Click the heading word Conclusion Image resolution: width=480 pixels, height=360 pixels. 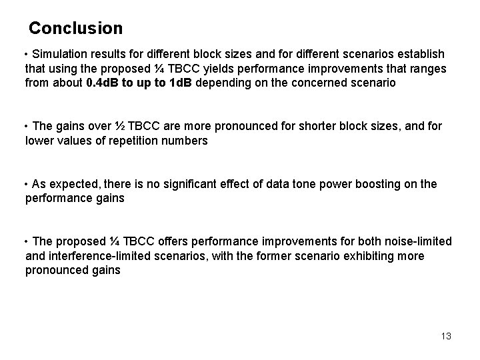76,29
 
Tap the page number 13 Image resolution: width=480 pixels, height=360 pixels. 446,336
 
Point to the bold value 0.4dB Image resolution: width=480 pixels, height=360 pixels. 106,83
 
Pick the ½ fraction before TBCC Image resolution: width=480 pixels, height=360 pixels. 118,126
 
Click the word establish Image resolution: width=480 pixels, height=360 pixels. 421,53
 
